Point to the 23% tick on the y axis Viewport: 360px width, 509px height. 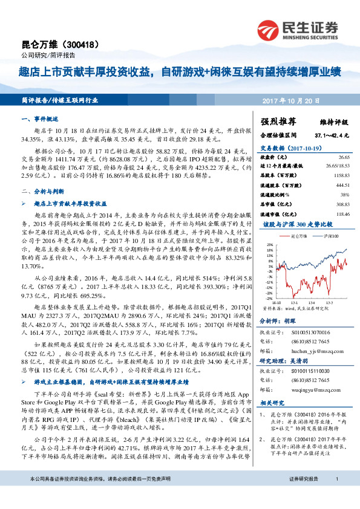pyautogui.click(x=269, y=245)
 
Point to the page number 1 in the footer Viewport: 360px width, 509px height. pyautogui.click(x=336, y=496)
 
